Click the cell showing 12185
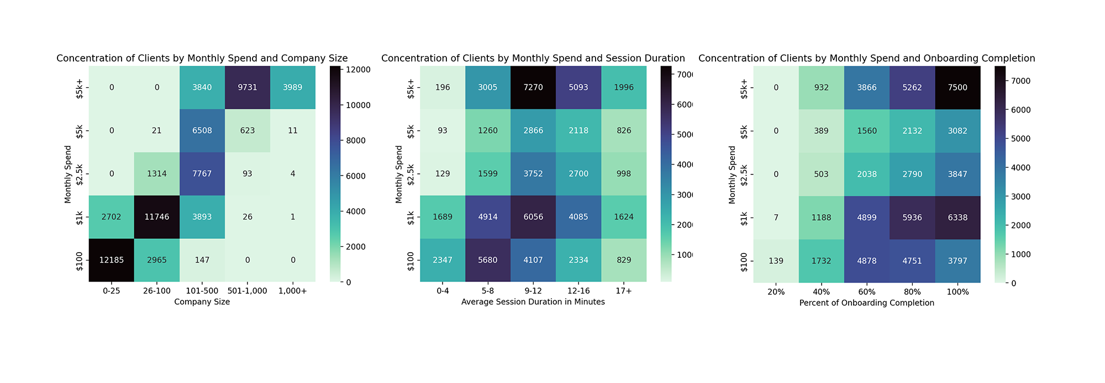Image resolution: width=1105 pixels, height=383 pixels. click(x=112, y=260)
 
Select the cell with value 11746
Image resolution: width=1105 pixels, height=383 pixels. click(x=157, y=217)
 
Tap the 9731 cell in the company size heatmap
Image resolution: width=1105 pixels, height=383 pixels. click(x=248, y=87)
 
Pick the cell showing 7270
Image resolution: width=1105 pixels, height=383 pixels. click(x=533, y=87)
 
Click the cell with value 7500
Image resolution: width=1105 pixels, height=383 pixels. click(x=957, y=87)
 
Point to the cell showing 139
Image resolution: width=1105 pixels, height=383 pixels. click(x=776, y=260)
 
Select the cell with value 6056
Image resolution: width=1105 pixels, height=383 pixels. click(x=533, y=217)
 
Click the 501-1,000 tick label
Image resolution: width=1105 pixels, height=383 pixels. click(x=248, y=291)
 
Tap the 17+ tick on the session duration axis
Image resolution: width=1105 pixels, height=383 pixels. click(x=624, y=291)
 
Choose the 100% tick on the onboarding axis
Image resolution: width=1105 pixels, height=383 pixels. click(x=957, y=292)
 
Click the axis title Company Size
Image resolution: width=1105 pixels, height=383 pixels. click(x=202, y=302)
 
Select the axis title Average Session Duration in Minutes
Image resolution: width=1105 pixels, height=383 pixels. click(x=533, y=302)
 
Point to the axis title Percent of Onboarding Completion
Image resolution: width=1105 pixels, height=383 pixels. click(x=866, y=303)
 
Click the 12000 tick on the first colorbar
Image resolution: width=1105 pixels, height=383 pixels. click(x=359, y=70)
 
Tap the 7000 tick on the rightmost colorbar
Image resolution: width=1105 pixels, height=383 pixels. click(x=1019, y=81)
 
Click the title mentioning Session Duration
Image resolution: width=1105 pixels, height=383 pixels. click(x=533, y=58)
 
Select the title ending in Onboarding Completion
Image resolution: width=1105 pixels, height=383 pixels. click(x=866, y=58)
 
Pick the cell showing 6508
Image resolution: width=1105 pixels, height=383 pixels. click(x=202, y=131)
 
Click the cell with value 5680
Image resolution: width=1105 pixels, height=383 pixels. click(x=488, y=260)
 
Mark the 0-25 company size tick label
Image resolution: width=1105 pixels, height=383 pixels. click(x=112, y=291)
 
